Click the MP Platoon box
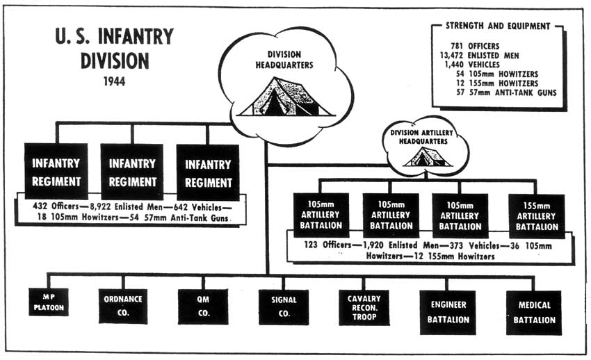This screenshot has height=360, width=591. click(49, 302)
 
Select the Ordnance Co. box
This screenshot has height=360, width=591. click(123, 306)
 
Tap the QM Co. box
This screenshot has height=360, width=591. click(203, 306)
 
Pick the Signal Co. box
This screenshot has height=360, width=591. click(284, 307)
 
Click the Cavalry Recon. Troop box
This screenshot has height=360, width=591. click(364, 307)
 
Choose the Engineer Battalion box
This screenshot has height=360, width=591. click(448, 312)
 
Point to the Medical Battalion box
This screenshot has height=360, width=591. click(534, 313)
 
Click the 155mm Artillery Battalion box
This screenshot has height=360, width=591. click(537, 216)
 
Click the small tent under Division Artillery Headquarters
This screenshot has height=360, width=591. click(428, 157)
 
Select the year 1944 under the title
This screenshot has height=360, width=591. click(114, 81)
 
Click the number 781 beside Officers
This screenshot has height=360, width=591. click(456, 46)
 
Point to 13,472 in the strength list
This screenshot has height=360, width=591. click(451, 56)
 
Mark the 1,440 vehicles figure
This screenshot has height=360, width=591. click(454, 65)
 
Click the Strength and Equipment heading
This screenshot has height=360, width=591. click(498, 26)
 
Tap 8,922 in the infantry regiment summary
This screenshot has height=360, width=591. click(100, 206)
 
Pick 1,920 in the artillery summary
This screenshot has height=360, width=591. click(373, 245)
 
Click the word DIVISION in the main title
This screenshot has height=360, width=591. click(115, 61)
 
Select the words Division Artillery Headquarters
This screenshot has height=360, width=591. click(422, 137)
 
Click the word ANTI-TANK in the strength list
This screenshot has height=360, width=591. click(514, 92)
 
